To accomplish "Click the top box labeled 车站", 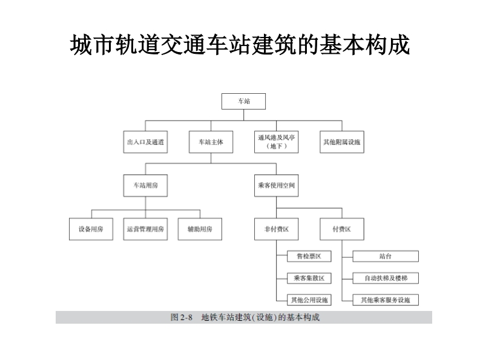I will point(243,101).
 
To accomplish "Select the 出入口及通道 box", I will point(146,142).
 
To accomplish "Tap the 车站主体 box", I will point(211,142).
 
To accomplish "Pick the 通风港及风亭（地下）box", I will point(276,142).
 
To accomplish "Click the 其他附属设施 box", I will point(341,142).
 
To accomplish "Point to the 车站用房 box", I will point(146,185).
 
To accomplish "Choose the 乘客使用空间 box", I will point(276,185).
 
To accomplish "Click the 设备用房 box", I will point(91,229).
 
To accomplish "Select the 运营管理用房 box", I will point(146,229).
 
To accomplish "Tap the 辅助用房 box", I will point(200,229).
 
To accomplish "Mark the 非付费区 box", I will point(276,229).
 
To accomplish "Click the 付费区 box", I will point(341,229).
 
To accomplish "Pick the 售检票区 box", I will point(309,257).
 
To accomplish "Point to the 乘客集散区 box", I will point(309,278).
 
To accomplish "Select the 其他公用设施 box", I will point(309,299).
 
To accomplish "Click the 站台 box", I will point(385,257).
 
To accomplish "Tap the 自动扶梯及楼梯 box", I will point(385,278).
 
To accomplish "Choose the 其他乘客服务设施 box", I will point(385,299).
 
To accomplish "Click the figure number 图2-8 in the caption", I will point(181,317).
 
